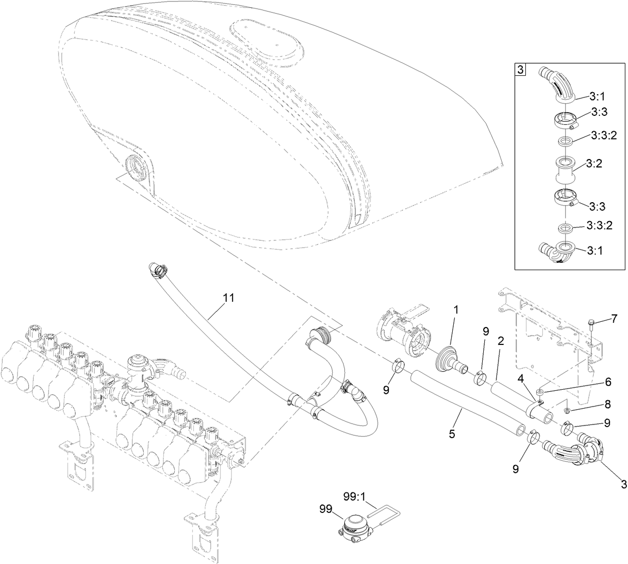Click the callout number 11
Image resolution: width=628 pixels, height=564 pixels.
pos(228,298)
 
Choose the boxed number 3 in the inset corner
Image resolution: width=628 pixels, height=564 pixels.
pos(521,70)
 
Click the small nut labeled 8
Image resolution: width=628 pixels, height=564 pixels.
pos(566,410)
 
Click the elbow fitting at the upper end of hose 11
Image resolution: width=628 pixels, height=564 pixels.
pos(157,269)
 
